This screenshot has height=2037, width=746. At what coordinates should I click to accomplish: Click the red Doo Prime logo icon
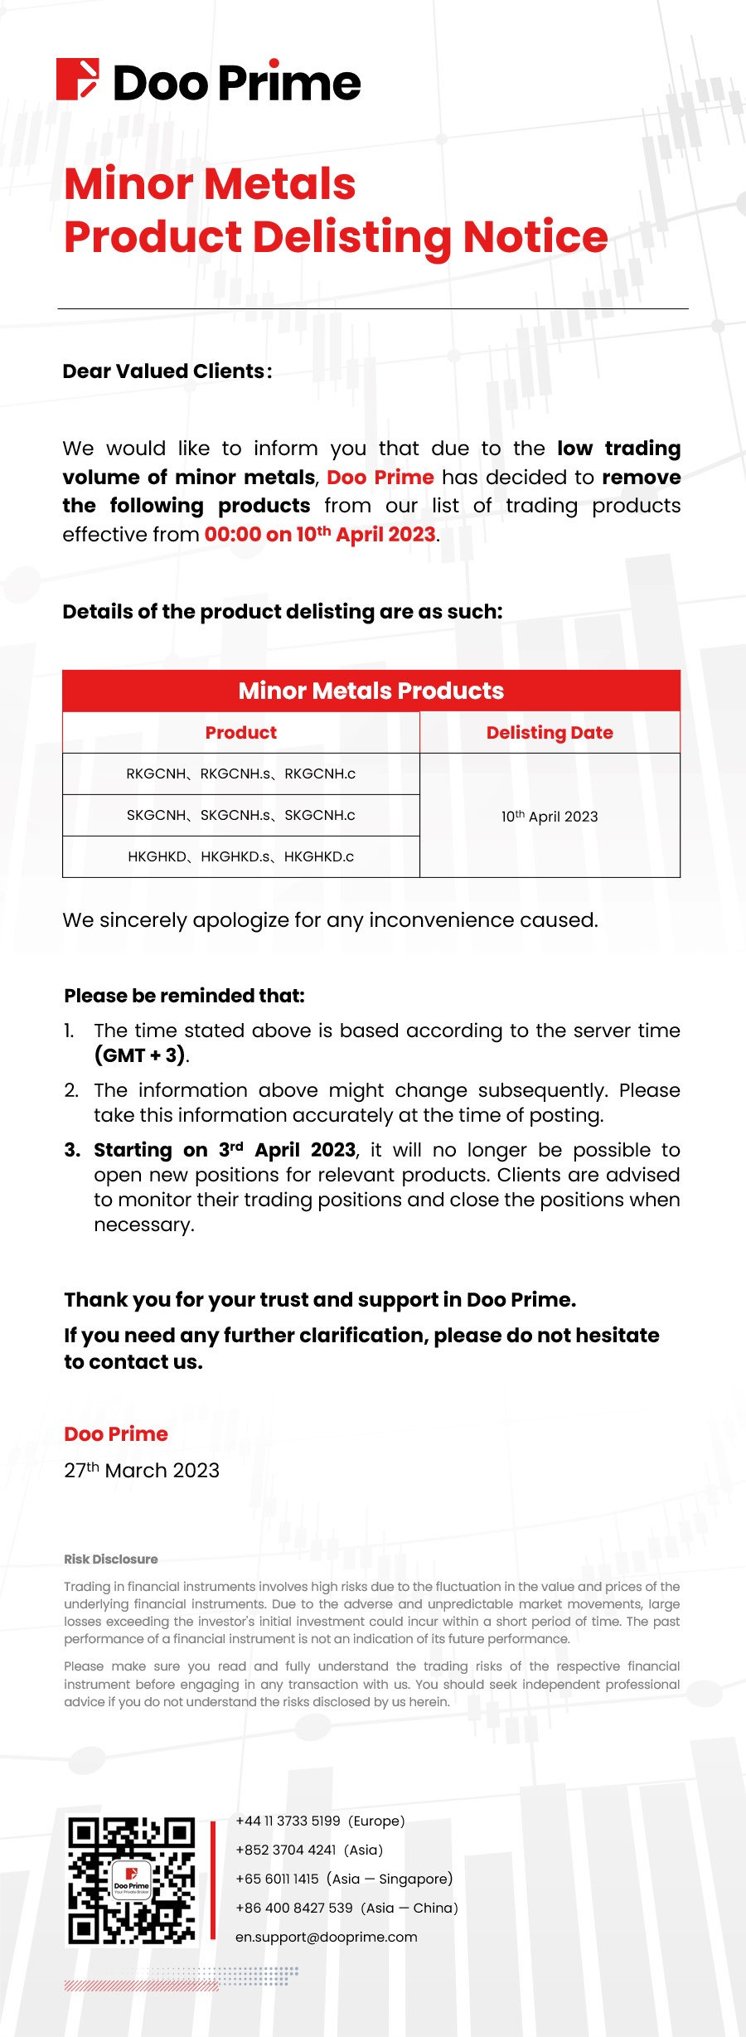78,80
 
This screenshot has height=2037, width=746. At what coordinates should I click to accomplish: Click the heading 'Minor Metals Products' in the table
371,691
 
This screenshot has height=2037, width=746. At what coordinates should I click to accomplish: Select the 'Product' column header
241,733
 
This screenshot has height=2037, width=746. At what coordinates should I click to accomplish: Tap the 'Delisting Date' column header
550,733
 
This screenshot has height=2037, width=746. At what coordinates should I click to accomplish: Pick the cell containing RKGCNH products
241,774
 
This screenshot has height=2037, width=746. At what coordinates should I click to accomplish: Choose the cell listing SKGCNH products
241,816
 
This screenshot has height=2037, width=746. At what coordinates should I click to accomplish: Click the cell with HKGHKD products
241,857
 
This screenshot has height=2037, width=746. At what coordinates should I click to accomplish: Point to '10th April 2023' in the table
550,817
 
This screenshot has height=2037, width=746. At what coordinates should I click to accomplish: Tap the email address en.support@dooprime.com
327,1938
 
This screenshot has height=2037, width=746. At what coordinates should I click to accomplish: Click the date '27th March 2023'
142,1471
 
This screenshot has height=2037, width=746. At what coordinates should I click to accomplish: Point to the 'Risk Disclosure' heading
111,1559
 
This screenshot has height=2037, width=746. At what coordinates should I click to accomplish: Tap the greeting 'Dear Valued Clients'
167,371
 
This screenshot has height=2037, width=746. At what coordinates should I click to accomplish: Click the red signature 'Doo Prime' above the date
116,1434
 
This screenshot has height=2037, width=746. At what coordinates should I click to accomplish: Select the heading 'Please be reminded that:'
184,996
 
